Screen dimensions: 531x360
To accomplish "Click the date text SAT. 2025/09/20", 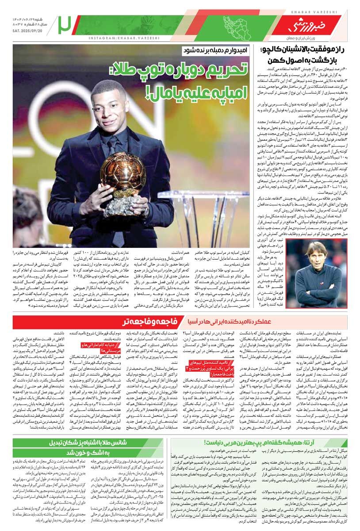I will pos(29,31).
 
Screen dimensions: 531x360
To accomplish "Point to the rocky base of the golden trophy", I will pos(119,206).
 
